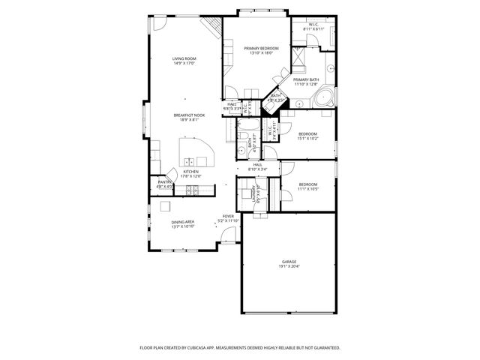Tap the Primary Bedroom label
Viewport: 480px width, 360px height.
(257, 49)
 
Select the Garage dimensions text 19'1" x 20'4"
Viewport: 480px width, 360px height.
(289, 266)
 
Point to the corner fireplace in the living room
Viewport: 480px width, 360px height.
(214, 28)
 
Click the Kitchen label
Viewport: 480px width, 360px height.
(190, 172)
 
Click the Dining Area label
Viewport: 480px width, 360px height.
(183, 222)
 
